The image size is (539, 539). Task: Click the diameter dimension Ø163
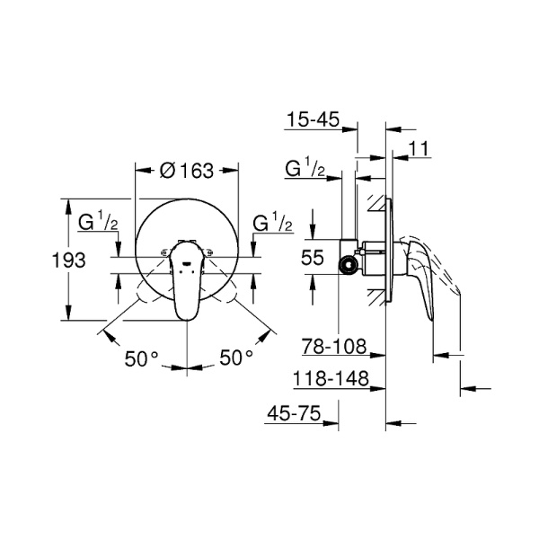[186, 168]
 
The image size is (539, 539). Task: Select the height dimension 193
[68, 260]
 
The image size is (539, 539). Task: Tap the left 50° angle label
[142, 358]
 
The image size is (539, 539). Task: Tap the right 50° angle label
[236, 358]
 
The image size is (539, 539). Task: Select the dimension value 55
[312, 257]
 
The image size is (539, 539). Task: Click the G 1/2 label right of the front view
[272, 223]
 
